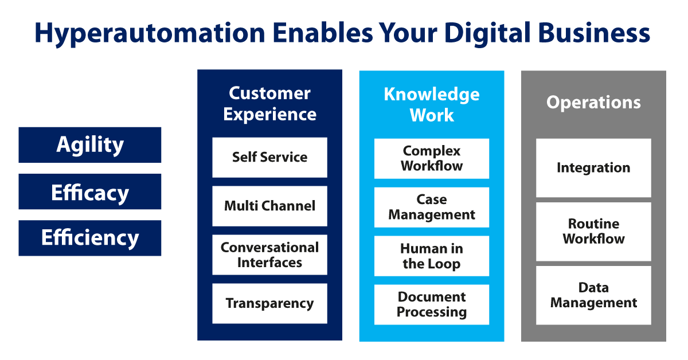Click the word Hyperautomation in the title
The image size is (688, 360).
[150, 33]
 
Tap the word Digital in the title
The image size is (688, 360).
[487, 33]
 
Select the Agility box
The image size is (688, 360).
[90, 145]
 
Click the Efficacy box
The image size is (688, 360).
[90, 191]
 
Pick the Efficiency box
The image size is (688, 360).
[90, 238]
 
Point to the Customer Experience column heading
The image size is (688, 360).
[269, 104]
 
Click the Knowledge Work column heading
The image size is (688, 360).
[432, 105]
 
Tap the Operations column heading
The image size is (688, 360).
[593, 102]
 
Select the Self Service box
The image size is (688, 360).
[269, 158]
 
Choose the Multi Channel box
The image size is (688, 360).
[269, 206]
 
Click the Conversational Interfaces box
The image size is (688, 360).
[269, 255]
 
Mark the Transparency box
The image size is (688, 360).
[269, 303]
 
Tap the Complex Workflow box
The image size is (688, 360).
[432, 158]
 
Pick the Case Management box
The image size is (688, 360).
[432, 208]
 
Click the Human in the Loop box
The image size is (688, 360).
[432, 256]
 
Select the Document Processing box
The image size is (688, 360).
[432, 305]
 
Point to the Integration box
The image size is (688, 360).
[593, 168]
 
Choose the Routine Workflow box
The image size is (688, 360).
[593, 232]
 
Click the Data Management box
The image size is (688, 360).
[593, 295]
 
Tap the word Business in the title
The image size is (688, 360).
[594, 33]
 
